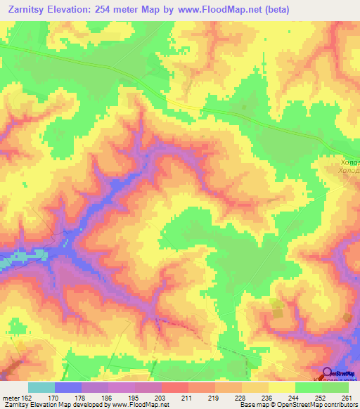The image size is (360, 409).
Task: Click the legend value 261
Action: [x=345, y=398]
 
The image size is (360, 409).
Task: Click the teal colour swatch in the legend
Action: [x=41, y=387]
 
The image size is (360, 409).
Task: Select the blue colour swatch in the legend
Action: [x=68, y=387]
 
